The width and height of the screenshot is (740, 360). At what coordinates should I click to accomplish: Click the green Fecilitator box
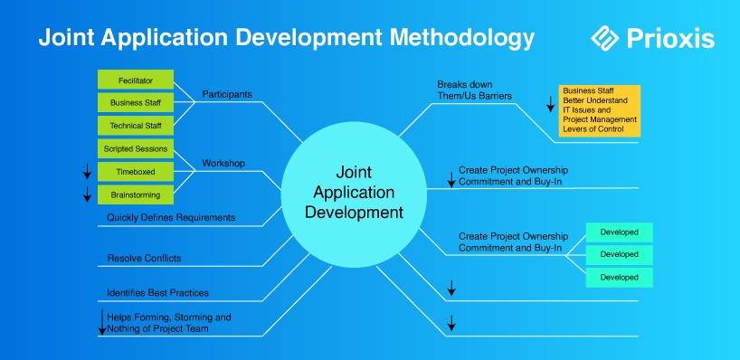tap(136, 80)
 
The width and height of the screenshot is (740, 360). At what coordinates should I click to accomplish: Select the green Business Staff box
tap(136, 102)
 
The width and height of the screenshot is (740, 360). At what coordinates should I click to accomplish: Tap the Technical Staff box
tap(136, 126)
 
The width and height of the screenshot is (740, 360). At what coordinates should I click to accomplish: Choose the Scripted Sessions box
tap(136, 148)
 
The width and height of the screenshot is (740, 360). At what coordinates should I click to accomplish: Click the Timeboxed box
tap(136, 172)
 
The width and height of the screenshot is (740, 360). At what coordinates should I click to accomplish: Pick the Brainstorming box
tap(136, 194)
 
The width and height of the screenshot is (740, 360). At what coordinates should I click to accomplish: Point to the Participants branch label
tap(227, 94)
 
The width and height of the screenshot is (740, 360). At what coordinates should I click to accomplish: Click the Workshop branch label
tap(223, 163)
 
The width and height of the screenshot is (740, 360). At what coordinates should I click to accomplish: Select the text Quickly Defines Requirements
tap(171, 217)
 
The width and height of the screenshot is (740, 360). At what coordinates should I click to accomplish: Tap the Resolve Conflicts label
tap(145, 258)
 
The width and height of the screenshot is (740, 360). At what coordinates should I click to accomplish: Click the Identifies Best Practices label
tap(157, 293)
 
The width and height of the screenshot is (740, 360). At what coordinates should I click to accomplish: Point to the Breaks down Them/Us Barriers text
tap(474, 90)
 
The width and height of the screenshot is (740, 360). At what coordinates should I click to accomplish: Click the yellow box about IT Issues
tap(600, 111)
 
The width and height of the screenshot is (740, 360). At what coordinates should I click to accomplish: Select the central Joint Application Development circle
tap(354, 194)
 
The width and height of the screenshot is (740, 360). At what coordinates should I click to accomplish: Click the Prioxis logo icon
tap(605, 38)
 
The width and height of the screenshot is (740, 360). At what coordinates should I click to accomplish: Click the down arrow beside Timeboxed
tap(87, 172)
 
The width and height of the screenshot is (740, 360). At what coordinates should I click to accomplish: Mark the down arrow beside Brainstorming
tap(87, 194)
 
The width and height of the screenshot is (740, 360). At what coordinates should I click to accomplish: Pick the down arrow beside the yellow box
tap(550, 104)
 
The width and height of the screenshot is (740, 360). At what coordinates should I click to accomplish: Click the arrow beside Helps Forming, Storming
tap(102, 322)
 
